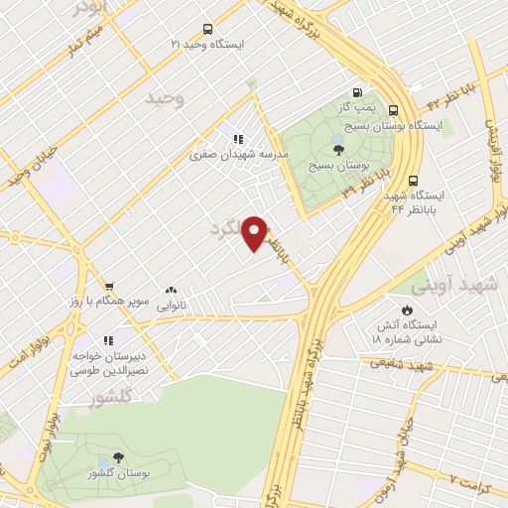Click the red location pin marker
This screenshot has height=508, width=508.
tap(256, 233)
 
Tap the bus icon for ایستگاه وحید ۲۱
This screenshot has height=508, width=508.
tap(206, 29)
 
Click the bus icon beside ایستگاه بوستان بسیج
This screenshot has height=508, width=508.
tap(395, 110)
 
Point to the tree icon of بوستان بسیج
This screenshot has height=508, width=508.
tap(339, 150)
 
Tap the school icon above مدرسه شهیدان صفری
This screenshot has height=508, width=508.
tap(237, 140)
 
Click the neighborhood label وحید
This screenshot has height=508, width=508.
tap(165, 97)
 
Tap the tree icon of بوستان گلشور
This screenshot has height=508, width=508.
tap(118, 457)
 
